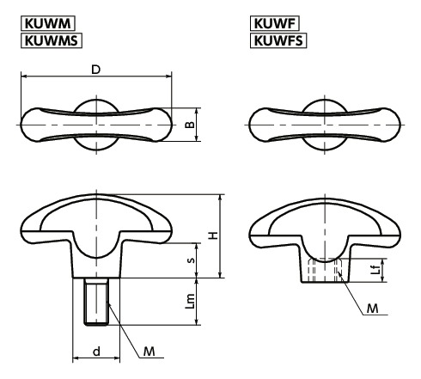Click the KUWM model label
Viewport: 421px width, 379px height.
(x=48, y=23)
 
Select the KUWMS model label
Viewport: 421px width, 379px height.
(x=52, y=40)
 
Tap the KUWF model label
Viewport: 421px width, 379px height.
(x=275, y=23)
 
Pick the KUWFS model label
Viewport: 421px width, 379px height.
(x=278, y=40)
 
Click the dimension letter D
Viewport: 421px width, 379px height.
(x=96, y=70)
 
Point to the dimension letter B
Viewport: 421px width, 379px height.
(x=190, y=125)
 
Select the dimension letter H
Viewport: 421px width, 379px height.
(x=213, y=235)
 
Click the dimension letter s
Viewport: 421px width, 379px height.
(x=191, y=260)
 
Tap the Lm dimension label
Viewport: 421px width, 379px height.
(x=190, y=302)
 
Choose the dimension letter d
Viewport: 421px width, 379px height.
(x=97, y=351)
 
